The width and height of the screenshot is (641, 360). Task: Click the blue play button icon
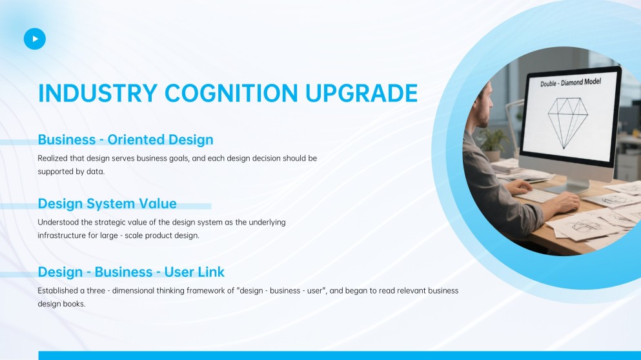coord(35,39)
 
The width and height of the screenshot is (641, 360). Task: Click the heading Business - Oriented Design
coord(125,139)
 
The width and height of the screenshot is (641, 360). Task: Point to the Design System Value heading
coord(107,204)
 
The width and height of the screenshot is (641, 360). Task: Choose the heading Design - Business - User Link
coord(131,272)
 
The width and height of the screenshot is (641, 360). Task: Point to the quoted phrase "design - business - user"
coord(281,290)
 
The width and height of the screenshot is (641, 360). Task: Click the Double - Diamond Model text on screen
coord(571,83)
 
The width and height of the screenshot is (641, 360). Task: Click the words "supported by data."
coord(71,172)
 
